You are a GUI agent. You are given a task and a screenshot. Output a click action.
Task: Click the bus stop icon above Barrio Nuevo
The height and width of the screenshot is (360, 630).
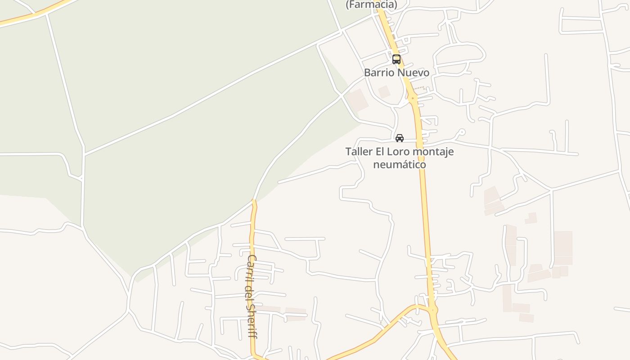(396, 59)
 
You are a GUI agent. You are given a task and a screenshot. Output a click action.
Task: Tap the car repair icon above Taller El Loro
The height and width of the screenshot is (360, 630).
(399, 138)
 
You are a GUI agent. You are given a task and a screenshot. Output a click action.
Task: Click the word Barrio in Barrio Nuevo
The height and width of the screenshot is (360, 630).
(378, 72)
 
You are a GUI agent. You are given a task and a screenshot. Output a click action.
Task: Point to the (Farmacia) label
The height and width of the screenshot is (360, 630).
(371, 4)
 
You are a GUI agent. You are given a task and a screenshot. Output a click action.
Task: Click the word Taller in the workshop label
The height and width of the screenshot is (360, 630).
(359, 152)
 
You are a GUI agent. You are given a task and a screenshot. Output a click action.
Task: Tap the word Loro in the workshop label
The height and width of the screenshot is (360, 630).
(400, 152)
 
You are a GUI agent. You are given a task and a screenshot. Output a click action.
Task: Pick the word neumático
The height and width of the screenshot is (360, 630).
(400, 164)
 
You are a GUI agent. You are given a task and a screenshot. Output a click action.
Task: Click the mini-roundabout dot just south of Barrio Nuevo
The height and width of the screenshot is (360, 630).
(412, 98)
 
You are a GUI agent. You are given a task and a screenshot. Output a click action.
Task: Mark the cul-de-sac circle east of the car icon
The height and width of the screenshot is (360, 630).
(461, 132)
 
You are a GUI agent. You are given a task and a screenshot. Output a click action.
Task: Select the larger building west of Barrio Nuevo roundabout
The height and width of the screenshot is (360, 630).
(358, 100)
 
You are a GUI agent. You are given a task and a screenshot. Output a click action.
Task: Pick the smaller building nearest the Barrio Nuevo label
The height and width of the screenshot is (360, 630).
(384, 92)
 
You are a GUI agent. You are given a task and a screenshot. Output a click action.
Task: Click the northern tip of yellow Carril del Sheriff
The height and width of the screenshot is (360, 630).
(254, 202)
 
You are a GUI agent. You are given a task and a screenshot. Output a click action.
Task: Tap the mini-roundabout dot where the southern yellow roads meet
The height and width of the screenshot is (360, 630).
(433, 310)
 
